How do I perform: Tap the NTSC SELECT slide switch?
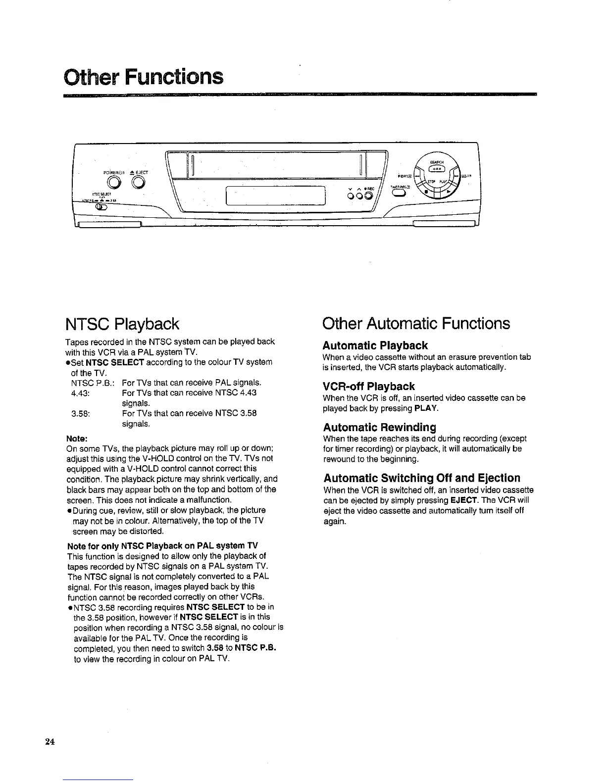coord(101,207)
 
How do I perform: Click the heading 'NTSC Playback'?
coord(122,324)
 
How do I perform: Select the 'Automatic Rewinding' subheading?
coord(379,427)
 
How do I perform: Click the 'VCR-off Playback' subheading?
coord(369,386)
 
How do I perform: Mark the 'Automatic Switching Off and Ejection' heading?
coord(422,478)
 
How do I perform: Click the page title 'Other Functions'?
coord(144,77)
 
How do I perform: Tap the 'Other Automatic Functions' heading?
coord(416,324)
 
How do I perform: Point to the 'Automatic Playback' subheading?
coord(375,345)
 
